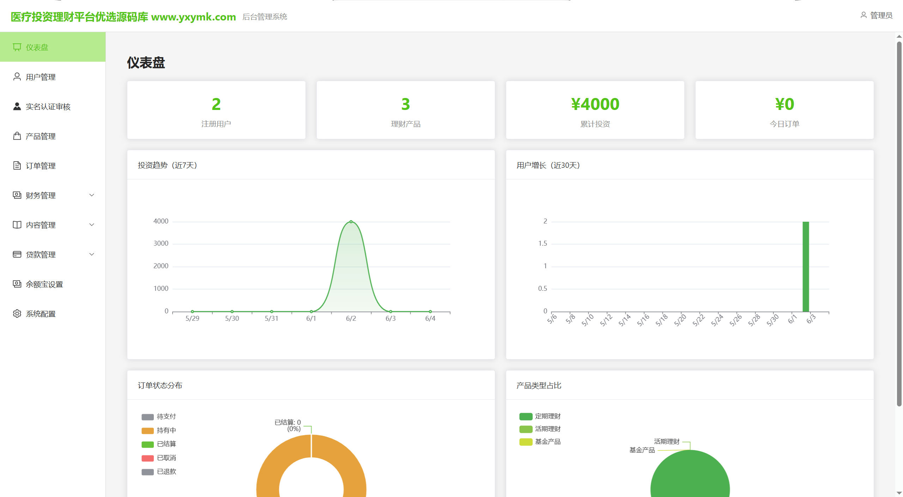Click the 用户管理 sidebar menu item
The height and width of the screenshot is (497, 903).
[x=41, y=77]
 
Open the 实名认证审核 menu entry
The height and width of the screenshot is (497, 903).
[x=48, y=106]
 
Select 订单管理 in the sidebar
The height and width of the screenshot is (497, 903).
[x=41, y=166]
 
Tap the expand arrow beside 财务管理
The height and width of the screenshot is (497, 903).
[x=92, y=195]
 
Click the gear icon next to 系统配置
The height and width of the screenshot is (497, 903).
[x=17, y=314]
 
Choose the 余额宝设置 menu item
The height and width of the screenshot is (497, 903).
[x=44, y=284]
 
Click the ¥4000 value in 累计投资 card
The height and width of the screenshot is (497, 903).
[x=595, y=104]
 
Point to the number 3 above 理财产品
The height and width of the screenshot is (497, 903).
[x=406, y=104]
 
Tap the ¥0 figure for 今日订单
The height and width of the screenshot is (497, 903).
[x=784, y=104]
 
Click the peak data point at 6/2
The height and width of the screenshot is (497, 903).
[x=351, y=222]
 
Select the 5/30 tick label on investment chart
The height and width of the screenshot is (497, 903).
[x=232, y=318]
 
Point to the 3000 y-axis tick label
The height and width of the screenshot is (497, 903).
[x=161, y=243]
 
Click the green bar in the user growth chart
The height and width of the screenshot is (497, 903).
[x=806, y=266]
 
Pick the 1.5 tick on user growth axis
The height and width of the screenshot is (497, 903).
[x=543, y=243]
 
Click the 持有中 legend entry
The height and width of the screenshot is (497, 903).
[x=159, y=430]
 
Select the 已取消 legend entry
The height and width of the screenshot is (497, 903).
[x=159, y=458]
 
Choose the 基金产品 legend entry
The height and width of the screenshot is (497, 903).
[x=540, y=442]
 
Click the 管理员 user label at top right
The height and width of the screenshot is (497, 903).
[x=877, y=16]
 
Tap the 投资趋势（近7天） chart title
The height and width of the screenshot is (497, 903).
[x=167, y=165]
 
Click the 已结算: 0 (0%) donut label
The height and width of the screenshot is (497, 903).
[x=288, y=425]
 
